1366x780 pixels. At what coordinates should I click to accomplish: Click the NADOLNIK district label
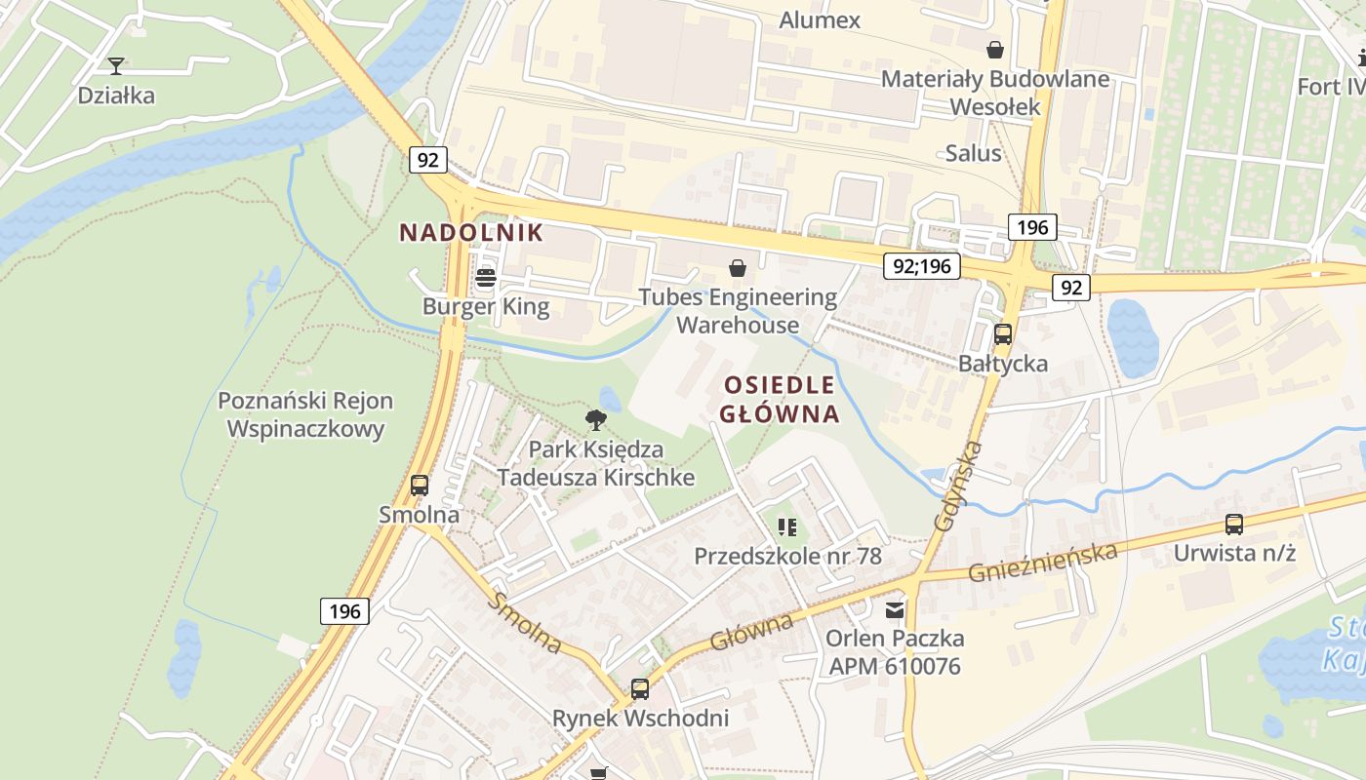point(470,232)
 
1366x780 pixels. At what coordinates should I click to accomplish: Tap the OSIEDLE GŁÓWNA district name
point(779,399)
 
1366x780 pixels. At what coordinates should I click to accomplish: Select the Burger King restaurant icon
point(485,279)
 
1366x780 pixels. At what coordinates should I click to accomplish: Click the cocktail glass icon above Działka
point(116,66)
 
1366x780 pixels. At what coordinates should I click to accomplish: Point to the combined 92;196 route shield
point(921,265)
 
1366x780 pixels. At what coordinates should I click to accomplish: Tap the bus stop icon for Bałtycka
point(1002,334)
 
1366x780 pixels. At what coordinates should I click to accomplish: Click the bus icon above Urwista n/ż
point(1233,525)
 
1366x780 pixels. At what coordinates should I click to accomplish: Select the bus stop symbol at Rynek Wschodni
point(640,689)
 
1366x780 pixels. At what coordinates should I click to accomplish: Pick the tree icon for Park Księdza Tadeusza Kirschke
point(595,420)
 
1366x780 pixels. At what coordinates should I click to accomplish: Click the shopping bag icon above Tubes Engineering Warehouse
point(738,268)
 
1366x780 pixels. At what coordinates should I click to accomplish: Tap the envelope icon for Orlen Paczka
point(894,610)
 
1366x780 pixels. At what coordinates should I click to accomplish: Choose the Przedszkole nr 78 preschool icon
point(787,527)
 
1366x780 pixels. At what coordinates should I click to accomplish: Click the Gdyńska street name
point(957,486)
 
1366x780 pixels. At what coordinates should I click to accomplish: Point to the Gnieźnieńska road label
point(1042,563)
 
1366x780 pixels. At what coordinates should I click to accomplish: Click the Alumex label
point(820,19)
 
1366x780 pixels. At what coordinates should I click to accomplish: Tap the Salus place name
point(973,153)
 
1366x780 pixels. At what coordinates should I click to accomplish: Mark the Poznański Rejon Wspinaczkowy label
point(305,414)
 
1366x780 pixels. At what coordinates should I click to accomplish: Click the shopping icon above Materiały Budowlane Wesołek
point(994,50)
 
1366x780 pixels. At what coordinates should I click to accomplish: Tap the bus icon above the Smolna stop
point(420,485)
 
